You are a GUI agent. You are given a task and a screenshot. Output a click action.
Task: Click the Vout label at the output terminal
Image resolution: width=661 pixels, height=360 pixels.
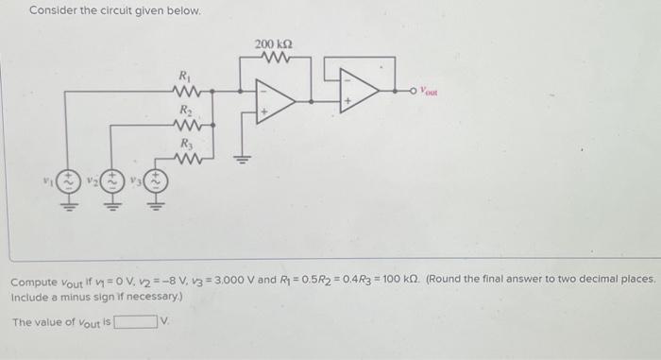431,93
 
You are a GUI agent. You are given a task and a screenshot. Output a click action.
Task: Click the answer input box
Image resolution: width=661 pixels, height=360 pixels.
136,322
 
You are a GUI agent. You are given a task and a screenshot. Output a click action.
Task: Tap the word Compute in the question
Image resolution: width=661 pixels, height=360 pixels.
33,283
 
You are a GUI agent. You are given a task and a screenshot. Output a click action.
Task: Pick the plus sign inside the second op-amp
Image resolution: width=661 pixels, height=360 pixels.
347,98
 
